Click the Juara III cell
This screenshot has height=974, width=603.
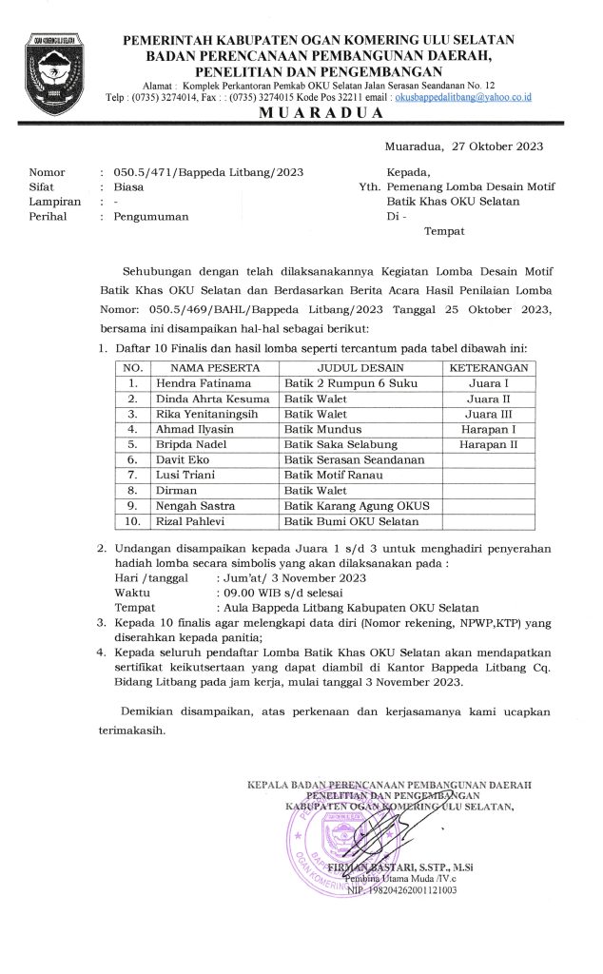(x=488, y=415)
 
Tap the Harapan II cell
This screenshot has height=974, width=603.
(x=488, y=445)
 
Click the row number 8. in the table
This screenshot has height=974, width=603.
(x=133, y=491)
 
